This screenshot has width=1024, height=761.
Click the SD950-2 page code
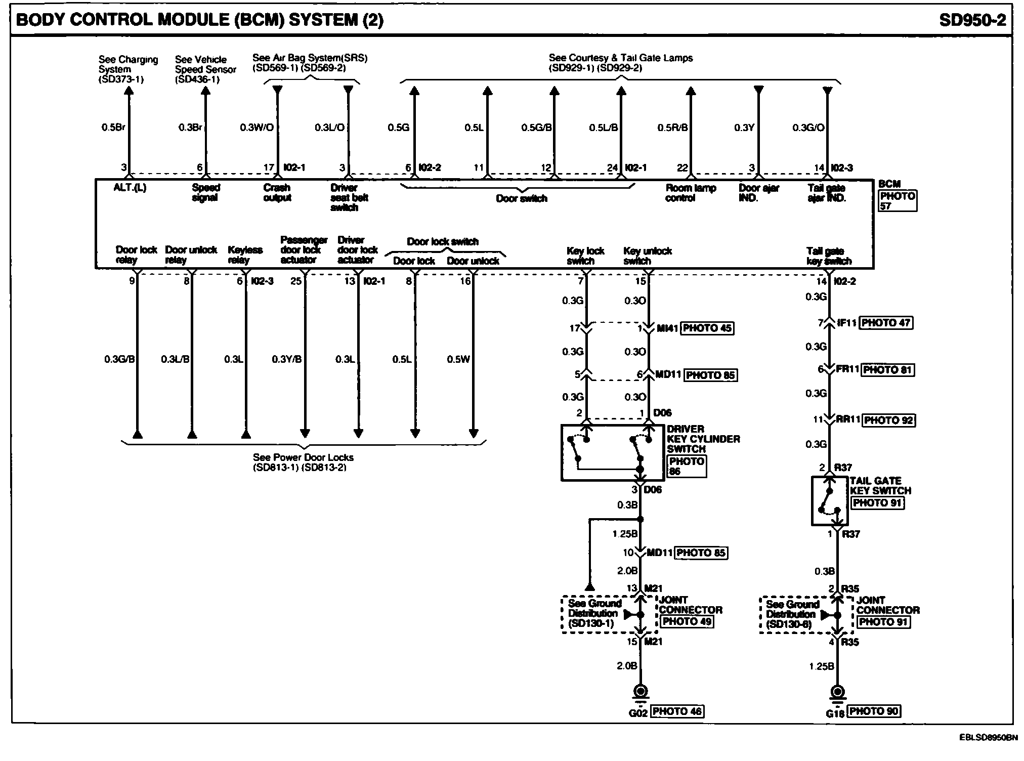972,20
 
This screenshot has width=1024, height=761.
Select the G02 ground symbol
641,692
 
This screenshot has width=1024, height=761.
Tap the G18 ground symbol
838,692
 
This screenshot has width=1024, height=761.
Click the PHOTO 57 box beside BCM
898,201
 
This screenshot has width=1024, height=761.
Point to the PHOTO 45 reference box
707,328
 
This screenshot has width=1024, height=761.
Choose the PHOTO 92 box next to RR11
888,420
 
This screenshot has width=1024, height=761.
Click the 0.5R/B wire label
672,128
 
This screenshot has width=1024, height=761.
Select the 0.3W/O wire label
257,128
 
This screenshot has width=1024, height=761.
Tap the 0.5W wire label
458,359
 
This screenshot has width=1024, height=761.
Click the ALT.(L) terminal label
130,188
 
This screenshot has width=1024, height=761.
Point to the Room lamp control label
690,193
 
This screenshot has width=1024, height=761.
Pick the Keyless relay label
245,255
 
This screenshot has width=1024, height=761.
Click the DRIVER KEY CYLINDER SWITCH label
703,439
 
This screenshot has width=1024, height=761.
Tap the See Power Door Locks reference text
303,462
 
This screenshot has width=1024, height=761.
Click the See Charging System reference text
127,69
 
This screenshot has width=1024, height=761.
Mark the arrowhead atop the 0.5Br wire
129,91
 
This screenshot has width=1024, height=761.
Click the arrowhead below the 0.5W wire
474,434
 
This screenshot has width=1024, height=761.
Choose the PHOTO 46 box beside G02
677,711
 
